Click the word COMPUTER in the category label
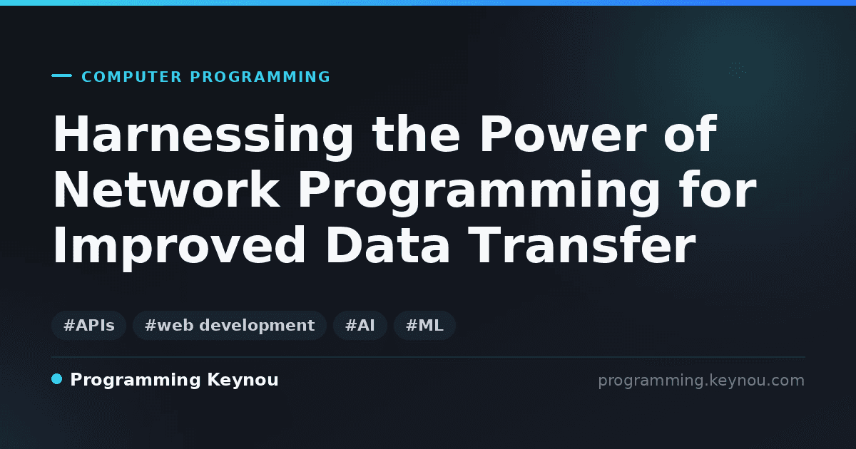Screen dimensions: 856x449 click(x=131, y=77)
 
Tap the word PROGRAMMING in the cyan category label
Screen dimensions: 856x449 click(x=260, y=77)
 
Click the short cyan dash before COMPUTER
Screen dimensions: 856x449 click(x=61, y=76)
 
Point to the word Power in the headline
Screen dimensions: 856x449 click(x=563, y=134)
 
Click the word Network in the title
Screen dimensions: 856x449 click(x=166, y=189)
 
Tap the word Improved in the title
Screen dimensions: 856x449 click(x=179, y=247)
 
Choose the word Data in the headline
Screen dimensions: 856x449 click(x=387, y=244)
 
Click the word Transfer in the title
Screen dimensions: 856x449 click(x=581, y=244)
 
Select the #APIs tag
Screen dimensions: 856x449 click(x=88, y=325)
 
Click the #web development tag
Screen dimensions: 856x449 click(x=230, y=325)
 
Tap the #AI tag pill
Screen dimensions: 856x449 click(x=360, y=325)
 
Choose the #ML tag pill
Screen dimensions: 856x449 click(x=424, y=325)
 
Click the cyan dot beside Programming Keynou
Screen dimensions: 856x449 click(x=57, y=379)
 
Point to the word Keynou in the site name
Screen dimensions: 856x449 click(x=243, y=381)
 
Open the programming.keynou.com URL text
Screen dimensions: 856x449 click(x=701, y=381)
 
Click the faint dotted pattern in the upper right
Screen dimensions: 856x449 click(x=737, y=71)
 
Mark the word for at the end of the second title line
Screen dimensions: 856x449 click(x=718, y=189)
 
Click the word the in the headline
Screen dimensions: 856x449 click(x=416, y=134)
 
